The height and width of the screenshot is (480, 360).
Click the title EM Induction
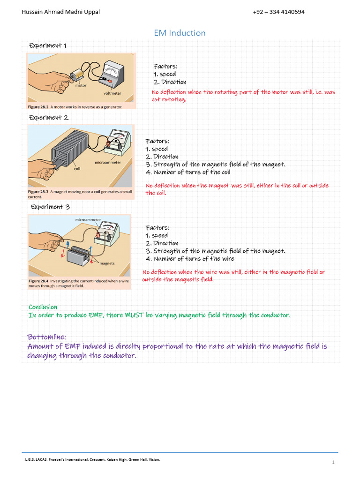tap(180, 33)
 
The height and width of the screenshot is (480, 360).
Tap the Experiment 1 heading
tap(48, 45)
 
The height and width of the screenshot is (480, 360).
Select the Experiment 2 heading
tap(49, 118)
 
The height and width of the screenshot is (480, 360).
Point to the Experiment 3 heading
tap(50, 207)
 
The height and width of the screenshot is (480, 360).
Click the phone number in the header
tap(278, 12)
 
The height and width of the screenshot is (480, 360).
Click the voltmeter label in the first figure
tap(112, 93)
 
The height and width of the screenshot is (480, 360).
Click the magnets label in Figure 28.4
tap(107, 263)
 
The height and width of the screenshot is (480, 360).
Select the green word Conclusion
tap(43, 307)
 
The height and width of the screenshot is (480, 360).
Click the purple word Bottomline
tap(46, 337)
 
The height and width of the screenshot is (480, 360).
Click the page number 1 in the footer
tap(333, 463)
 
